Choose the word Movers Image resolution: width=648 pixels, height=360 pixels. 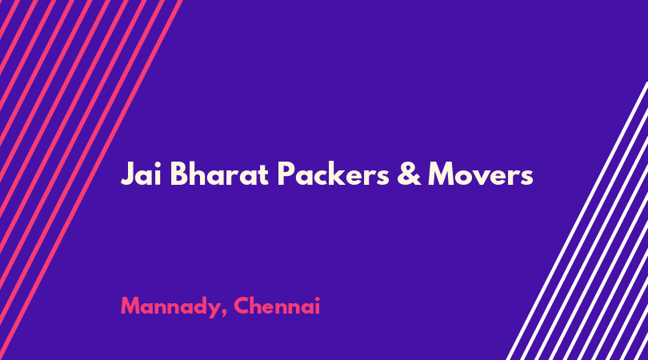click(481, 174)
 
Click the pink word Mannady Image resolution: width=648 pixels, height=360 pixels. click(171, 307)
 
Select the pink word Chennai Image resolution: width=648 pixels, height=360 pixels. click(277, 306)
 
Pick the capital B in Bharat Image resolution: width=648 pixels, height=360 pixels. click(179, 174)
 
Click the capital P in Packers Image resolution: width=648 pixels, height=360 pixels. click(286, 174)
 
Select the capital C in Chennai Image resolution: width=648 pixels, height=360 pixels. click(242, 306)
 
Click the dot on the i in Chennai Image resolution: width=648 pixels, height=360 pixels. click(317, 298)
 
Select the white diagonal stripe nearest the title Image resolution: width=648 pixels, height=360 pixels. click(577, 221)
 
